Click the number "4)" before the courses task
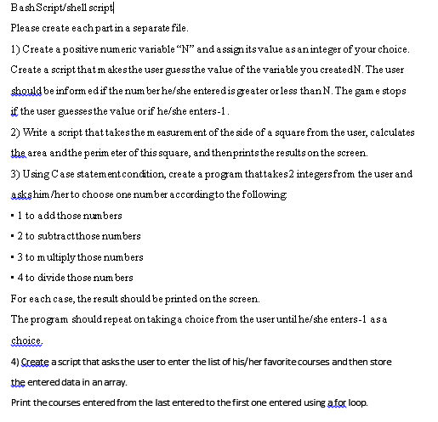click(x=15, y=363)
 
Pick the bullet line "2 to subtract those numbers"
click(x=77, y=236)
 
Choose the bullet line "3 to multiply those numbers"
click(x=77, y=256)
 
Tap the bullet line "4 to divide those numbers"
click(x=71, y=278)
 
